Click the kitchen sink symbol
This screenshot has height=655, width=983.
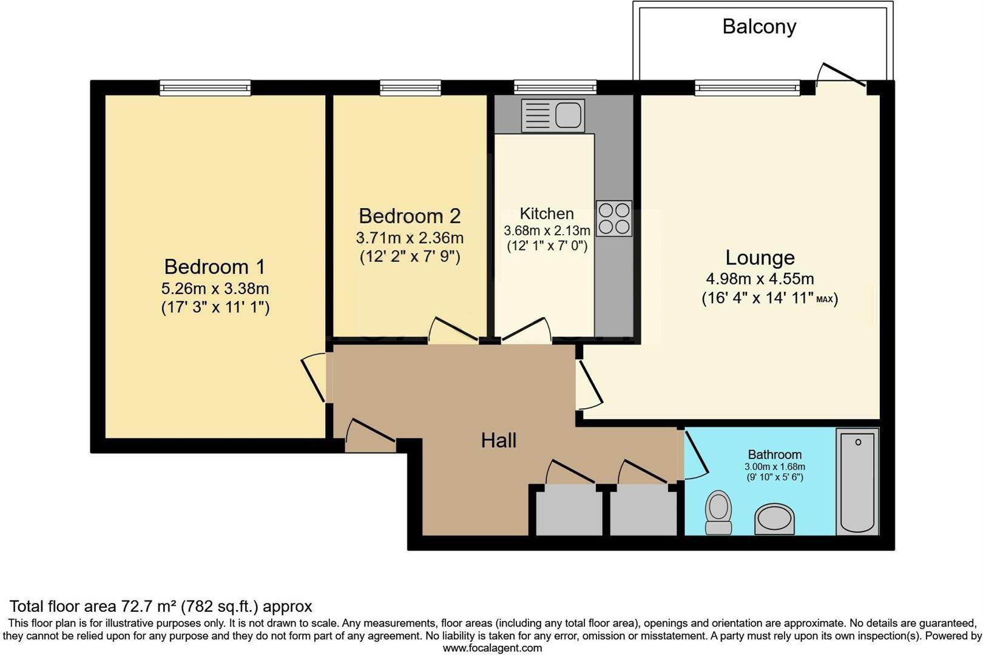[x=553, y=115]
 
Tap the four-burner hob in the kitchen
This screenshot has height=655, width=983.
[x=613, y=218]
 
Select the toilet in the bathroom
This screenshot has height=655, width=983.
[x=719, y=512]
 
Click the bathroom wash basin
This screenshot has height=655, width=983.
[x=774, y=519]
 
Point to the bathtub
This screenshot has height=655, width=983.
[x=857, y=482]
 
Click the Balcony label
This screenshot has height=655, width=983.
[x=759, y=27]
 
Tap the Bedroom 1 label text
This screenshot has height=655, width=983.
[x=215, y=267]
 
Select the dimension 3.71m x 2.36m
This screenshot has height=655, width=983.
[x=410, y=238]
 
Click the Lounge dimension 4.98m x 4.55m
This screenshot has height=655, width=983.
[x=760, y=279]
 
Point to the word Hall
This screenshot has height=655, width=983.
[x=499, y=440]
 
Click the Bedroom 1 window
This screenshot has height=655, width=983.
[x=205, y=89]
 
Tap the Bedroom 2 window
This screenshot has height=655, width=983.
[x=410, y=89]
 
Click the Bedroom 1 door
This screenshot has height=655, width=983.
[x=314, y=379]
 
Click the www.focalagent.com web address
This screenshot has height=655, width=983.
[x=492, y=648]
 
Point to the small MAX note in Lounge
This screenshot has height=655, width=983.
[x=824, y=300]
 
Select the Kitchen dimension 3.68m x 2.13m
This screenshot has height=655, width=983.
[x=547, y=231]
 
